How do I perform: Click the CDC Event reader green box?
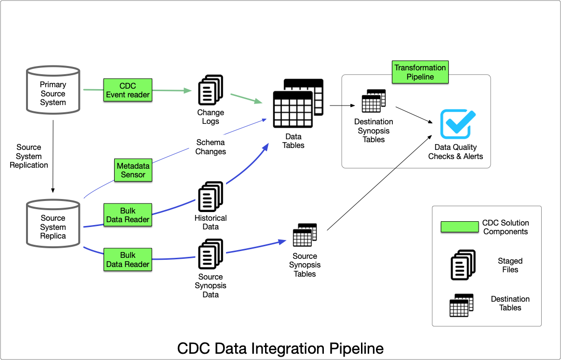click(128, 90)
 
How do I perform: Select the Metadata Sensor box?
click(133, 170)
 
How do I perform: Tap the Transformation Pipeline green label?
click(420, 72)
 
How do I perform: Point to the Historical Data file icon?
click(211, 197)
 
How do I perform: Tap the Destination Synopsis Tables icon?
click(374, 101)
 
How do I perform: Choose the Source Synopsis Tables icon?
click(305, 235)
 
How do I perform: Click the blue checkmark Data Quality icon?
click(457, 124)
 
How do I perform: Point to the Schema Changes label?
click(211, 147)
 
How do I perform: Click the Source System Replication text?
click(29, 156)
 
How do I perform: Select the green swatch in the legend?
click(459, 227)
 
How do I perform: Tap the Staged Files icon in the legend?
click(463, 265)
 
